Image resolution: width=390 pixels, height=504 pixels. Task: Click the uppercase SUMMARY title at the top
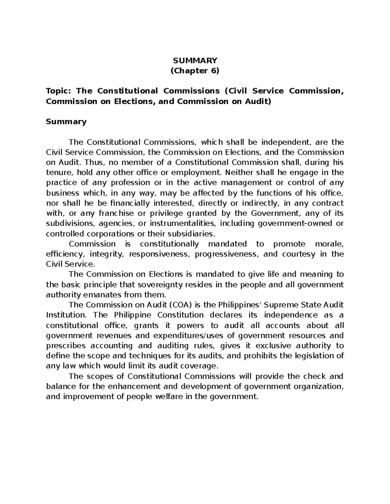coord(195,60)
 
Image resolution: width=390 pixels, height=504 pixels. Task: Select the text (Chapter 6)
coord(195,71)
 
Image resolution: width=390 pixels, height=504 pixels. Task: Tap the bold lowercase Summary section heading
coord(66,122)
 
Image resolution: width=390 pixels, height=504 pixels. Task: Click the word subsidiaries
coord(193,234)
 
